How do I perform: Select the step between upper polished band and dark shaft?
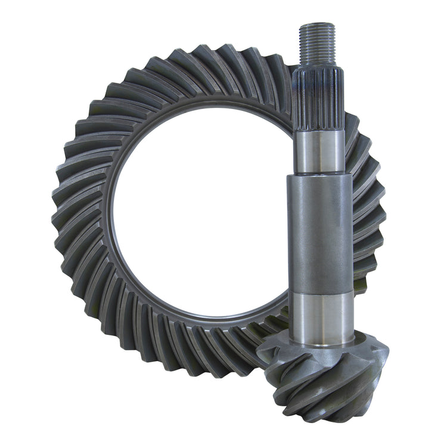[319, 174]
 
